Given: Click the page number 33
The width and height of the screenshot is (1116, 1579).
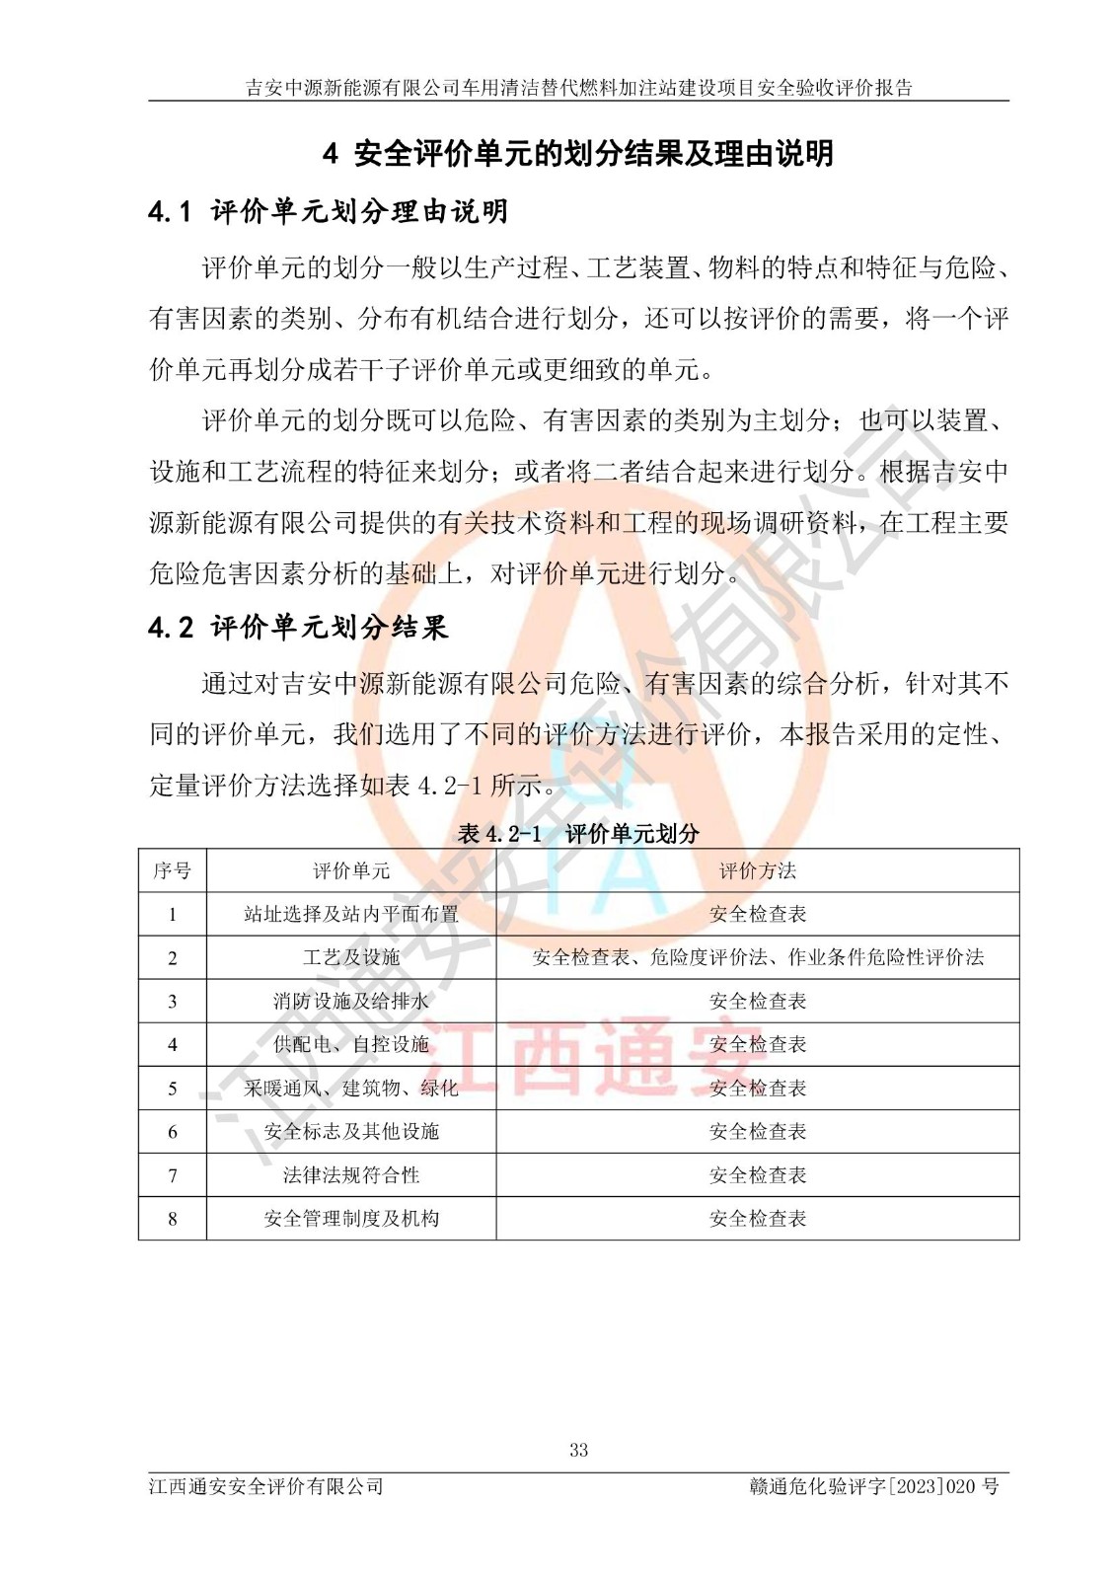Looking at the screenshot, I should (x=578, y=1450).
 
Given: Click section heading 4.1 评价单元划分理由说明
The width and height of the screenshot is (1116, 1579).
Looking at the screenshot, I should (x=328, y=211).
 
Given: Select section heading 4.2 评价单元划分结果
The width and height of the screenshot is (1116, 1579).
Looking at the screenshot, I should (x=298, y=628).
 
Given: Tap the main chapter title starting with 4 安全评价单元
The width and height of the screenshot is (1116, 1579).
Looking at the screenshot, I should (x=578, y=153).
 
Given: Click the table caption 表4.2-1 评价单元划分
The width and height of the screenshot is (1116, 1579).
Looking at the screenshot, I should (x=578, y=834).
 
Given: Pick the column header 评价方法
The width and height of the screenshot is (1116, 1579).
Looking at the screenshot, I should (x=757, y=870).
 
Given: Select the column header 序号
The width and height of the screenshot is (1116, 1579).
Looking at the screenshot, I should (x=172, y=870).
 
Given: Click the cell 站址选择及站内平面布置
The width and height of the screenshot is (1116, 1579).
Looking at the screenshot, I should (x=351, y=914).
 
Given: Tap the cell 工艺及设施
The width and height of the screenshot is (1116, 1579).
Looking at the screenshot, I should (x=351, y=957).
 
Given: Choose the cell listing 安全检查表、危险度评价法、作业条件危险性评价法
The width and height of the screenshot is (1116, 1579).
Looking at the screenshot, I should (x=757, y=957).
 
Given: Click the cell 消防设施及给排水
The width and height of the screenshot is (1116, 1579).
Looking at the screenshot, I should (x=351, y=1001).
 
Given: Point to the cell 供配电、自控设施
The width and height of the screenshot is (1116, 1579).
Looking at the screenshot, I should (x=351, y=1044).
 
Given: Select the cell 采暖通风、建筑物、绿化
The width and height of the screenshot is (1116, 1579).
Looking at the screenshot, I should (x=351, y=1088).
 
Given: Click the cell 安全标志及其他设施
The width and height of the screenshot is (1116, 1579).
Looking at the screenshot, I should (x=351, y=1131).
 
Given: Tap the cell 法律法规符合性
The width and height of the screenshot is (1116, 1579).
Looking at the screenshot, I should (x=351, y=1174).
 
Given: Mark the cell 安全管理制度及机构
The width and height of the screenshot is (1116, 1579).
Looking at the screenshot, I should (x=351, y=1219).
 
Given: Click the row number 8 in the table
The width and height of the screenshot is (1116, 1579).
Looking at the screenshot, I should (x=172, y=1219).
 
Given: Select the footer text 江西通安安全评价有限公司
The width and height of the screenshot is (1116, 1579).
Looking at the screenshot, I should (x=265, y=1486).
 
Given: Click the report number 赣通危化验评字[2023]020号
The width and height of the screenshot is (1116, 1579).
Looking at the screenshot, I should (x=873, y=1486).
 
